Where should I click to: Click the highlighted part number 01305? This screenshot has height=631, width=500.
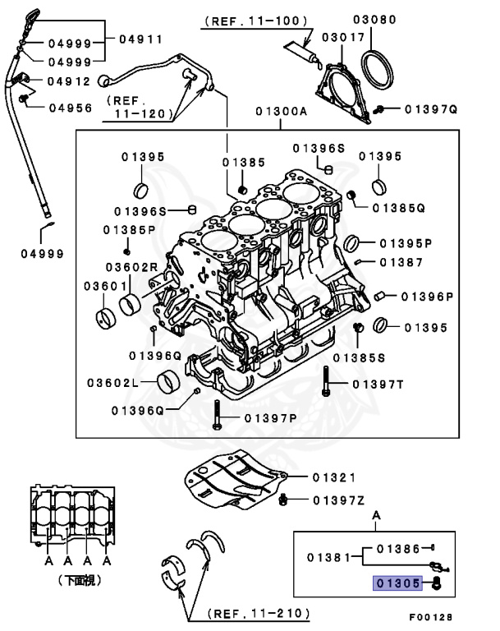pyautogui.click(x=398, y=583)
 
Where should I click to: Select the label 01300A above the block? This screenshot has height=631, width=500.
pyautogui.click(x=280, y=110)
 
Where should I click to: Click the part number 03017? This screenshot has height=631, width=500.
pyautogui.click(x=338, y=37)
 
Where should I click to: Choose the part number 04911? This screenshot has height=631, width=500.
pyautogui.click(x=140, y=39)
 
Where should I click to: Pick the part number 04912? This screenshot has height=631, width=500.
pyautogui.click(x=68, y=81)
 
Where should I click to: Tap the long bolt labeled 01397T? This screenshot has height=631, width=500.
pyautogui.click(x=327, y=383)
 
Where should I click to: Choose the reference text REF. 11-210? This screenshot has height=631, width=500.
pyautogui.click(x=258, y=613)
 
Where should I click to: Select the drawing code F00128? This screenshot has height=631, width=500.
pyautogui.click(x=430, y=616)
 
